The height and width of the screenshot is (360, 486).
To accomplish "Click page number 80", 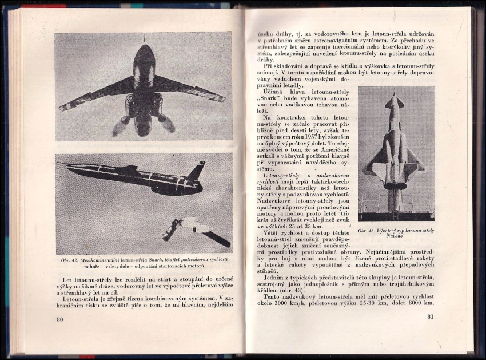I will (60, 319).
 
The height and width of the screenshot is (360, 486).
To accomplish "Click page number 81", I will (430, 317).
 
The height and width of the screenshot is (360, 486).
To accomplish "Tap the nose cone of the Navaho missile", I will (394, 94).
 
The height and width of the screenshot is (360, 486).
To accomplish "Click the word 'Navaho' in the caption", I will (395, 236).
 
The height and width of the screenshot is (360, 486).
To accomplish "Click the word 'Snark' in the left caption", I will (158, 260).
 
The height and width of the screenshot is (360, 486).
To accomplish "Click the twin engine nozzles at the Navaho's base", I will (395, 185).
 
